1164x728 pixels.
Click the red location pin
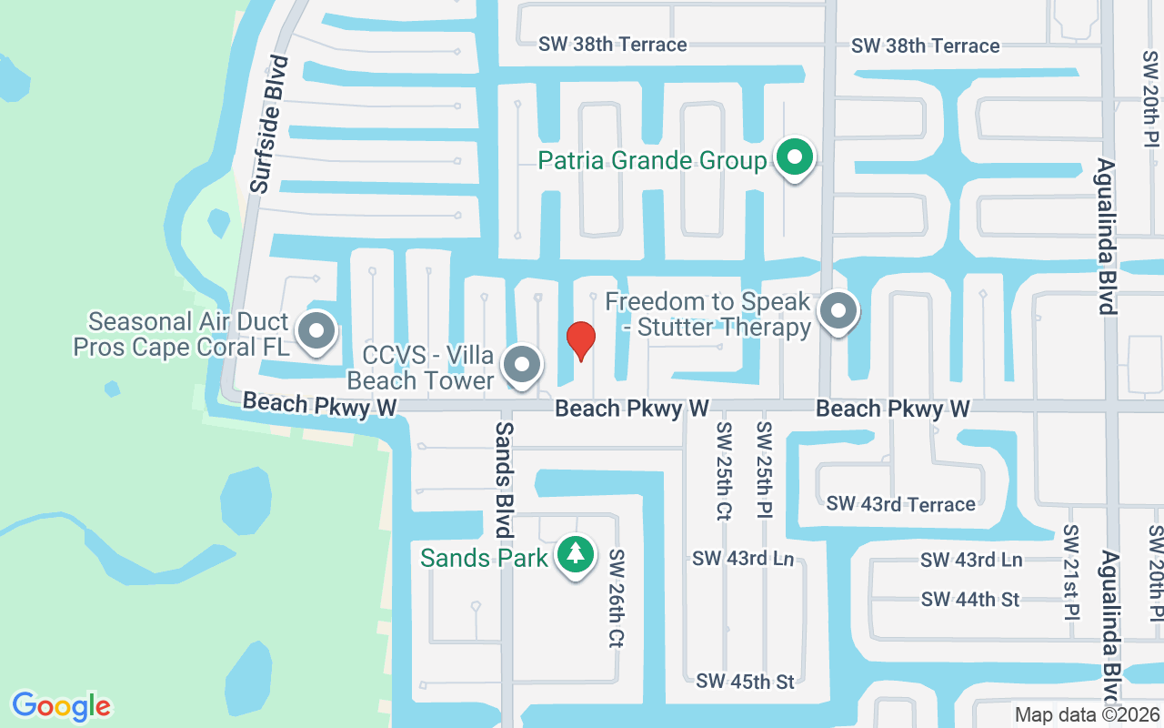(581, 340)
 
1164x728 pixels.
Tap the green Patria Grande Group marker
(795, 158)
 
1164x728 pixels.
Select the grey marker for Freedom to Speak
(838, 312)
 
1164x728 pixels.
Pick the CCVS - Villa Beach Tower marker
(522, 365)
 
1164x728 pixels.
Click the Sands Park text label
(484, 557)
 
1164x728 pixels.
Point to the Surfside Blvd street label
(270, 124)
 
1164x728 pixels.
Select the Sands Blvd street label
(503, 478)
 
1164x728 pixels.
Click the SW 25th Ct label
(723, 470)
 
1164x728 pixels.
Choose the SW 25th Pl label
(764, 470)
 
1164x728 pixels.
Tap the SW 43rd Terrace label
(900, 504)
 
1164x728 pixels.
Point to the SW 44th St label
(969, 600)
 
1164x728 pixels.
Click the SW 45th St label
(745, 681)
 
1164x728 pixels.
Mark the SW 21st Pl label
(1070, 571)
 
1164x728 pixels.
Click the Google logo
(61, 705)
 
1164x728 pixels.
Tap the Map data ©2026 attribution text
(1087, 714)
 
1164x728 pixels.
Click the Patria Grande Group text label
(652, 161)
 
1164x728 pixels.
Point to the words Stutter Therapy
(724, 328)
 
